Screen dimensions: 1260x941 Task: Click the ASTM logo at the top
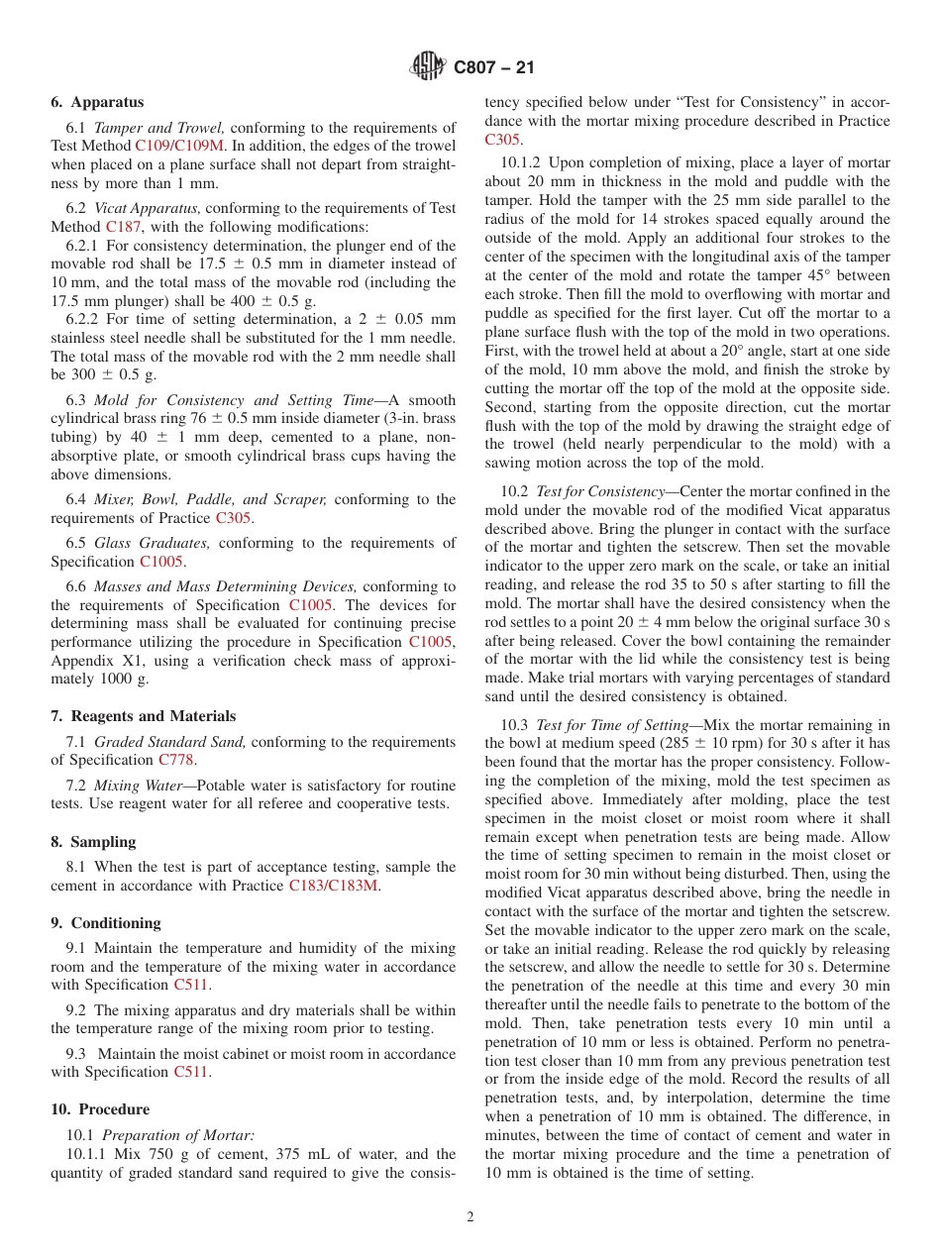coord(427,67)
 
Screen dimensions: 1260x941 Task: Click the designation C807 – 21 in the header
coord(493,68)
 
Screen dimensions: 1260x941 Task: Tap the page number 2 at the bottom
coord(470,1217)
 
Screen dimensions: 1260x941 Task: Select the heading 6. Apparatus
coord(97,102)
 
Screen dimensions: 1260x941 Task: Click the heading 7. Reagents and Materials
coord(143,716)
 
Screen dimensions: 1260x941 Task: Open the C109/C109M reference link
coord(179,146)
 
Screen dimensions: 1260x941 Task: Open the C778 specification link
coord(175,760)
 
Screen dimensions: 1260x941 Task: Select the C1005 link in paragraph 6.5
coord(161,562)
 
